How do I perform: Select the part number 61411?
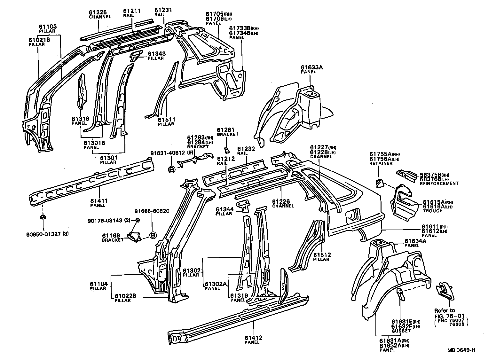point(99,201)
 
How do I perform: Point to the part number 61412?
point(254,338)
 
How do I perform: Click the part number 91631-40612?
point(168,153)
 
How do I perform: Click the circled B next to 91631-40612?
point(172,170)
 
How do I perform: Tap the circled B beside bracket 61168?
point(153,235)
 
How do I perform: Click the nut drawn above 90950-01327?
point(43,217)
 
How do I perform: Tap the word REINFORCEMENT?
point(439,184)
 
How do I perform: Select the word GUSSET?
point(401,331)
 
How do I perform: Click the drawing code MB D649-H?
point(461,350)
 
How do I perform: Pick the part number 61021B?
point(39,40)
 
